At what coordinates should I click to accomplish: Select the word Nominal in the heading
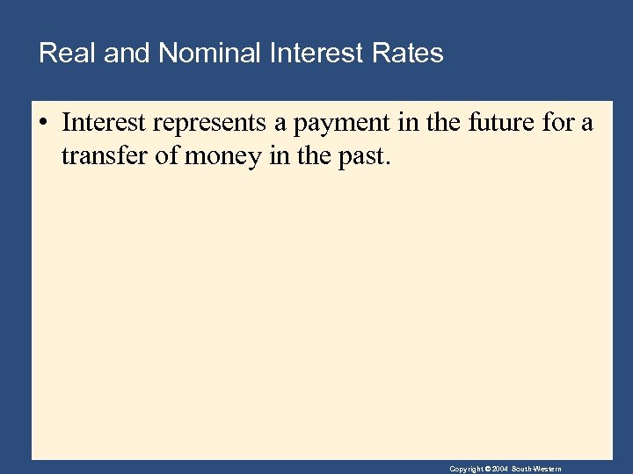(209, 54)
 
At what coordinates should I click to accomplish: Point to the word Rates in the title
(411, 54)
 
